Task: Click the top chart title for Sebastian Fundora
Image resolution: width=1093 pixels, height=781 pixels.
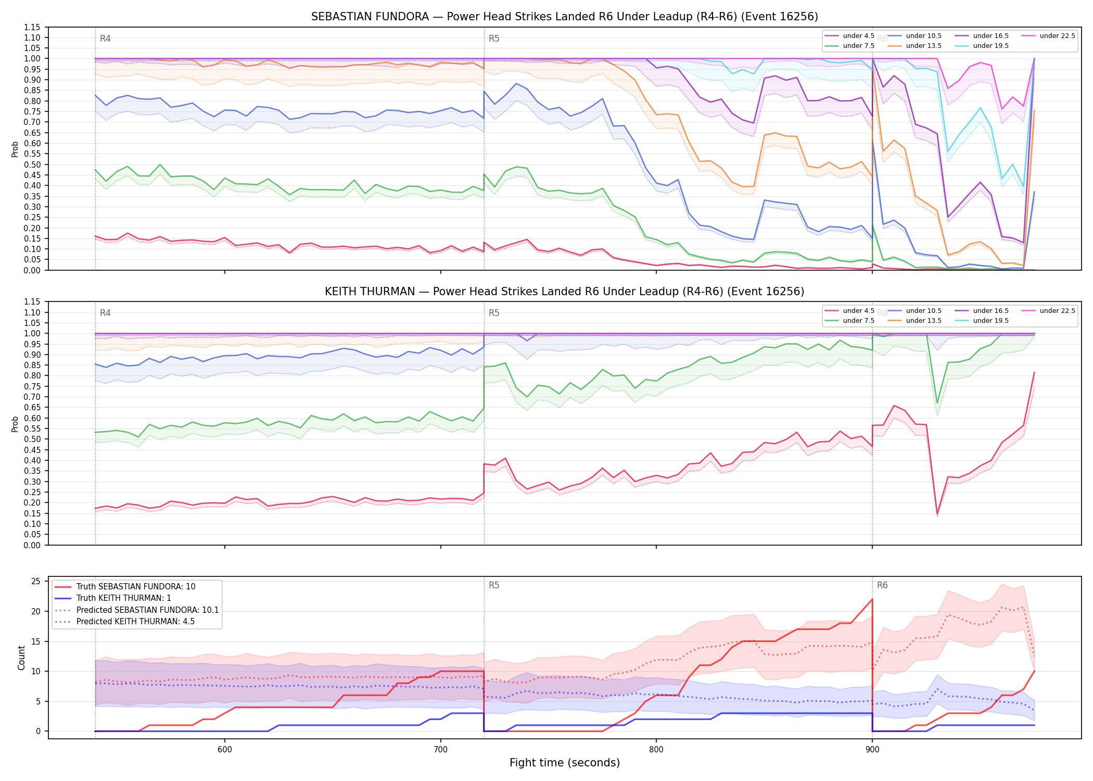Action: click(x=565, y=17)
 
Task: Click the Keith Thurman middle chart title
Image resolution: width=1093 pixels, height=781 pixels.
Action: click(x=565, y=292)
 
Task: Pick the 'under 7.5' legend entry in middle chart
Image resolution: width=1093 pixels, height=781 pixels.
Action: click(x=850, y=321)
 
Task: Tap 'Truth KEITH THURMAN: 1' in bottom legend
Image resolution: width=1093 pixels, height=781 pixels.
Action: click(x=123, y=598)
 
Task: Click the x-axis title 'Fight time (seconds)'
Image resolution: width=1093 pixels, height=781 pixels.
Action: click(x=565, y=763)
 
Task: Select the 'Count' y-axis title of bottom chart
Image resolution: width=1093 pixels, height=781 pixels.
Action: click(x=21, y=658)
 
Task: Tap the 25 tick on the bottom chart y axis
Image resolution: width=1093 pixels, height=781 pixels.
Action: click(x=36, y=581)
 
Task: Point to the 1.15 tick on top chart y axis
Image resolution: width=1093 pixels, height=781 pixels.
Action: click(x=32, y=27)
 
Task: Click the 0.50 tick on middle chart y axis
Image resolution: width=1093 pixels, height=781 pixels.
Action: click(x=32, y=439)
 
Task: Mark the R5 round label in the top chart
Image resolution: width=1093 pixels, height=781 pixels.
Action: click(x=494, y=39)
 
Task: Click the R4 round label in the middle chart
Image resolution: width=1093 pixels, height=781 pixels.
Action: click(x=105, y=313)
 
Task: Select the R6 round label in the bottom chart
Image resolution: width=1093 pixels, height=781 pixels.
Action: click(x=882, y=585)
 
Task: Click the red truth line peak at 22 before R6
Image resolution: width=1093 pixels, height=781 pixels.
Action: click(x=872, y=599)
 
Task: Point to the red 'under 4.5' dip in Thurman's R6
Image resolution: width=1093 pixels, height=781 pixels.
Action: click(x=937, y=513)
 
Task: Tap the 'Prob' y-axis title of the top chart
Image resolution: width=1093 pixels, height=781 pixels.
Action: click(x=15, y=149)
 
